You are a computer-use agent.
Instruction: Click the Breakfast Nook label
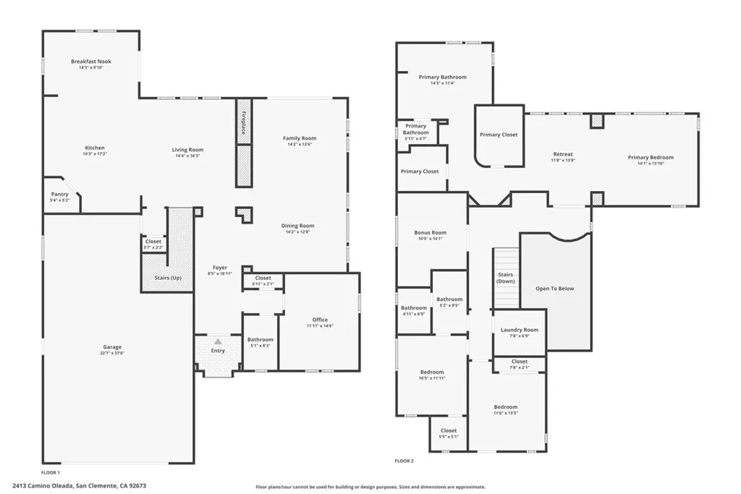pyautogui.click(x=91, y=61)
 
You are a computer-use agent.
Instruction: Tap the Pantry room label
pyautogui.click(x=59, y=194)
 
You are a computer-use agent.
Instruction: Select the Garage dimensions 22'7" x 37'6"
pyautogui.click(x=112, y=353)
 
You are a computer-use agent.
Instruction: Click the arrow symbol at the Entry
pyautogui.click(x=217, y=341)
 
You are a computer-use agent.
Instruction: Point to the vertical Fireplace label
pyautogui.click(x=243, y=122)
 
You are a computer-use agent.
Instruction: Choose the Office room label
pyautogui.click(x=320, y=319)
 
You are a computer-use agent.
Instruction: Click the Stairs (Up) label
pyautogui.click(x=168, y=278)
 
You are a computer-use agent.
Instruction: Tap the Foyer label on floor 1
pyautogui.click(x=220, y=268)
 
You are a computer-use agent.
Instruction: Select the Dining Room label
pyautogui.click(x=297, y=226)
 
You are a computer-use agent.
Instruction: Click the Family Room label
pyautogui.click(x=299, y=138)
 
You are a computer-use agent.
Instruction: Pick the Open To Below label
pyautogui.click(x=554, y=289)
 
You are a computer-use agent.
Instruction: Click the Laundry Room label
pyautogui.click(x=520, y=330)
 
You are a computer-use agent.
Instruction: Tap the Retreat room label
pyautogui.click(x=563, y=154)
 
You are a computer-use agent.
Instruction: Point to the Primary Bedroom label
pyautogui.click(x=651, y=157)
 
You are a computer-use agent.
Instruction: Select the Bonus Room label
pyautogui.click(x=430, y=232)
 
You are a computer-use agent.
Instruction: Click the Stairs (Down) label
pyautogui.click(x=506, y=278)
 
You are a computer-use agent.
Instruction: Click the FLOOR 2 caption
pyautogui.click(x=404, y=461)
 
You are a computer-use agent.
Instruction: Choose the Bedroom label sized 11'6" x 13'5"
pyautogui.click(x=506, y=407)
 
